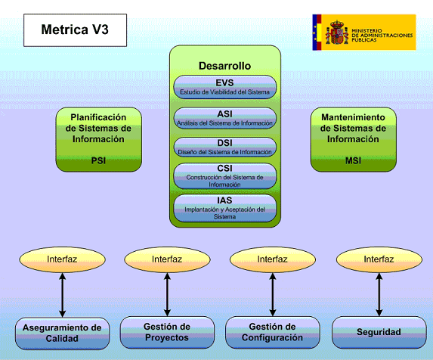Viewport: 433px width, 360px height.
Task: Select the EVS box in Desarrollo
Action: [x=224, y=87]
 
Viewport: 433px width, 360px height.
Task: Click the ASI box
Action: [x=224, y=118]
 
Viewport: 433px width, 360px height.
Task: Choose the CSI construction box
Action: [x=224, y=176]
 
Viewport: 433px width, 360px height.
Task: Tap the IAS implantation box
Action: [x=224, y=207]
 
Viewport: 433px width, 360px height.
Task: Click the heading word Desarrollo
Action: [x=224, y=66]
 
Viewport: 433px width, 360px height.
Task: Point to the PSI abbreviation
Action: [x=98, y=160]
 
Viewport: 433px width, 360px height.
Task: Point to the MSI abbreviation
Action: [x=353, y=160]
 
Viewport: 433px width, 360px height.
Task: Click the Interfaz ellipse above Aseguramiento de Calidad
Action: [x=62, y=259]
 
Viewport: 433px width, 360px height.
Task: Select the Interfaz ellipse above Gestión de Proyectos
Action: [x=166, y=259]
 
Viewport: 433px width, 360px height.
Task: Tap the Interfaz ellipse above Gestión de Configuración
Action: [x=272, y=259]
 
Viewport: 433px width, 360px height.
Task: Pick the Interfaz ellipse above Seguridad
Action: [x=379, y=259]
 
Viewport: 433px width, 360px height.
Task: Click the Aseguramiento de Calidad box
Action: [x=63, y=333]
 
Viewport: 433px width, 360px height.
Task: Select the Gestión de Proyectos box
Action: [x=166, y=332]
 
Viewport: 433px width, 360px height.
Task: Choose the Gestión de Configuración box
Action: [x=272, y=332]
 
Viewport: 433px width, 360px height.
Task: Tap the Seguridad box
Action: [x=379, y=332]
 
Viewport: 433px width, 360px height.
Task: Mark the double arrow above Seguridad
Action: [x=379, y=295]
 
